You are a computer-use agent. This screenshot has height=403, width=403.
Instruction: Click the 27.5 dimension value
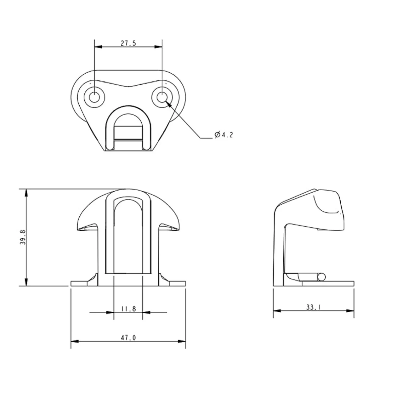coord(128,43)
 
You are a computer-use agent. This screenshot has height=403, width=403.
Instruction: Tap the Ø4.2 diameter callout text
coord(224,135)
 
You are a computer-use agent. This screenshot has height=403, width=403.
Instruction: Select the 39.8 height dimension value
coord(23,237)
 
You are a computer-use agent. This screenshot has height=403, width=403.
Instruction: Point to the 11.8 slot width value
coord(128,309)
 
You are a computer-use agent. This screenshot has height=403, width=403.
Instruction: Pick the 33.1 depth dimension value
coord(314,307)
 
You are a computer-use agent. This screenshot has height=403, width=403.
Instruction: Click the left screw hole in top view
coord(94,97)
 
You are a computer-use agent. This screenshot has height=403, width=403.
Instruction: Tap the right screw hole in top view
coord(162,97)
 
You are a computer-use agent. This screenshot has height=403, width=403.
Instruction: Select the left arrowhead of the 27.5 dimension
coord(98,47)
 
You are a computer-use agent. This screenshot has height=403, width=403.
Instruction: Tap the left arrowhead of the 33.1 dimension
coord(277,311)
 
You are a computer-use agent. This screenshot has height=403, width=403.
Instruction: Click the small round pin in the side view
coord(321,277)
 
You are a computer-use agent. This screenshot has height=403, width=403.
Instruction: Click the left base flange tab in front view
coord(79,283)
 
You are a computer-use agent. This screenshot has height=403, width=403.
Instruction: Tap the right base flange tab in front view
coord(177,283)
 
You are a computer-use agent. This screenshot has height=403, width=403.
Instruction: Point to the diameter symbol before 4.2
coord(217,135)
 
